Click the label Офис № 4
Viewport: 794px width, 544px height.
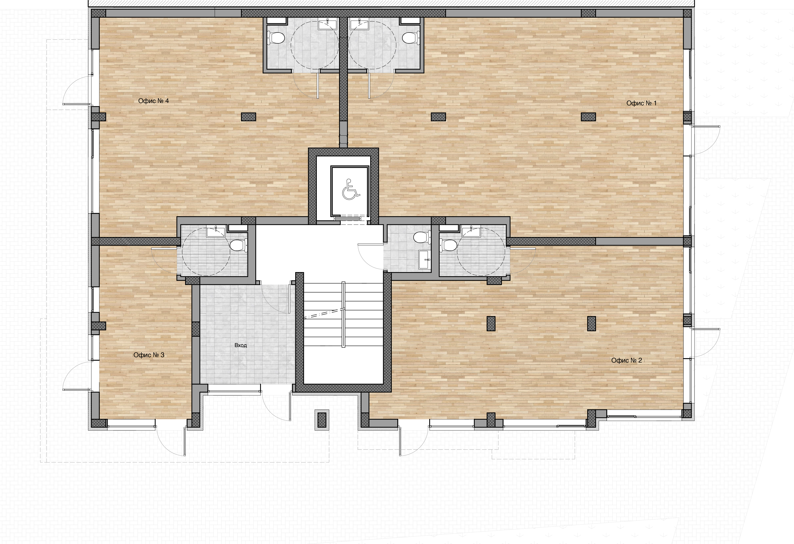click(x=153, y=101)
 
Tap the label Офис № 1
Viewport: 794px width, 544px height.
click(x=641, y=103)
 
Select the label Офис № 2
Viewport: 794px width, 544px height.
click(x=627, y=360)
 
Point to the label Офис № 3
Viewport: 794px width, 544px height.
click(x=149, y=355)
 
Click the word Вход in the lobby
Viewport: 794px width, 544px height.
click(x=240, y=345)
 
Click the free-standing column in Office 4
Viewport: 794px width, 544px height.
click(x=249, y=117)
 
